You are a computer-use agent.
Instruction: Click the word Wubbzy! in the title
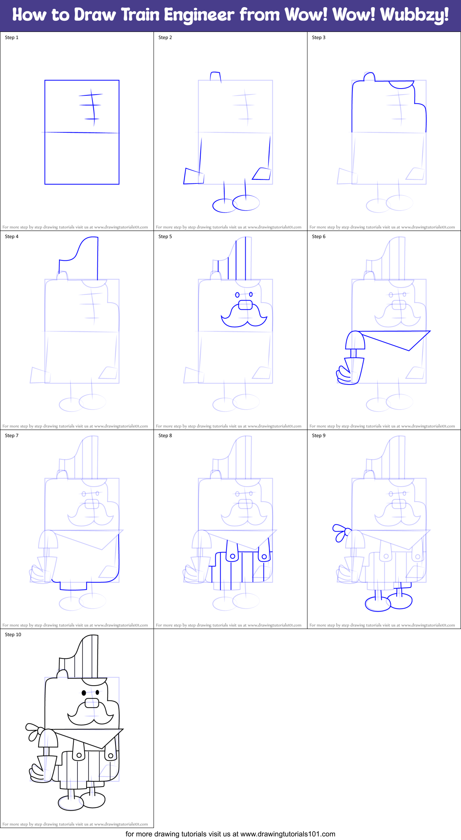click(x=414, y=15)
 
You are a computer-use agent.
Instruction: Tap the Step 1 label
click(x=12, y=37)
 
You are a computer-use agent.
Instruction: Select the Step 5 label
click(x=165, y=237)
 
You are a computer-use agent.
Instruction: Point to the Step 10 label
click(x=13, y=635)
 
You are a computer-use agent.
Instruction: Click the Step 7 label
click(x=12, y=436)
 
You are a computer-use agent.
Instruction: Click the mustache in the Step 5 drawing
click(x=244, y=317)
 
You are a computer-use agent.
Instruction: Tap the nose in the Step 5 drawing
click(x=245, y=306)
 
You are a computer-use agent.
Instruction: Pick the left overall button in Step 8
click(x=232, y=556)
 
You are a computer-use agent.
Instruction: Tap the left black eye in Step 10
click(x=84, y=692)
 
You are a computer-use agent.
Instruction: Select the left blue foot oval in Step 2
click(x=224, y=206)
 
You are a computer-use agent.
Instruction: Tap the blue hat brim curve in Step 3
click(x=401, y=85)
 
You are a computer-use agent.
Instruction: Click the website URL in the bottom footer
click(x=288, y=834)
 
